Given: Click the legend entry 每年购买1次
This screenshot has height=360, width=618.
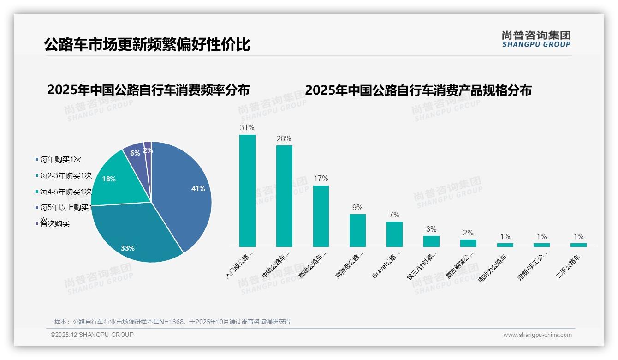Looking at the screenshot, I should pos(60,160).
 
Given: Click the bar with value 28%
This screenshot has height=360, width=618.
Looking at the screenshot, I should pos(284,196).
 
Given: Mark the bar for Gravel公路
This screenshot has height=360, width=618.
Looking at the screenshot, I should pos(394,234).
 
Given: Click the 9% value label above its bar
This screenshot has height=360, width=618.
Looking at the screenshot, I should pos(357,208).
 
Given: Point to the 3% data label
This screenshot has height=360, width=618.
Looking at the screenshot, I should pos(431,229).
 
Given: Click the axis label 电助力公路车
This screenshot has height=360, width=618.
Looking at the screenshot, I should pos(493,268).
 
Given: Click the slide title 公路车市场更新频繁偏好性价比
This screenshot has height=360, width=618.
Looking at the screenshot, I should pos(147,45).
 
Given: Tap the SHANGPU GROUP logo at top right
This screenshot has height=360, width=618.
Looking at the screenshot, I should pos(536,39).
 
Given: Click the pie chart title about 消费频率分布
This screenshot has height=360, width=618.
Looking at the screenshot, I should pos(148,90).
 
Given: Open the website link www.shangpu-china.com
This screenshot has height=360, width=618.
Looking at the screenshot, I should pos(537,335).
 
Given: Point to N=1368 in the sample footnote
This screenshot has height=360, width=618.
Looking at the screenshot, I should pos(171,322).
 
